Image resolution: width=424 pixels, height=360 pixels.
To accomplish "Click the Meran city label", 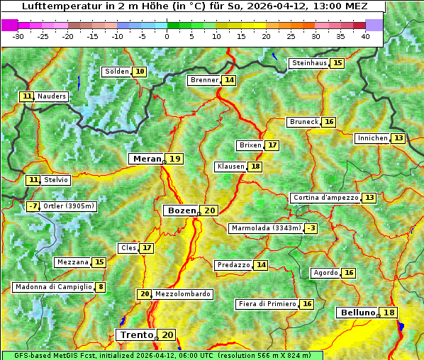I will pyautogui.click(x=147, y=159).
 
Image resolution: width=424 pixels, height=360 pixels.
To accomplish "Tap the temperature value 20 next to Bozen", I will pyautogui.click(x=210, y=210).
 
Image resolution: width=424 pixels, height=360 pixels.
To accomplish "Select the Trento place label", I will pyautogui.click(x=137, y=334).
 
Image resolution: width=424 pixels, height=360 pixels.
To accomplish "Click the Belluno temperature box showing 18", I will pyautogui.click(x=389, y=313).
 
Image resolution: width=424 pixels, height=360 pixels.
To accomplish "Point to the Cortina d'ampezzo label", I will pyautogui.click(x=325, y=198).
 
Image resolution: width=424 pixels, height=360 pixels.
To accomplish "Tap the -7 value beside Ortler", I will pyautogui.click(x=33, y=206).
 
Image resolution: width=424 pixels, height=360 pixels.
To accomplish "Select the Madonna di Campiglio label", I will pyautogui.click(x=53, y=287).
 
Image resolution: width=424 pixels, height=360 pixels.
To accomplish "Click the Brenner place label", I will pyautogui.click(x=204, y=80).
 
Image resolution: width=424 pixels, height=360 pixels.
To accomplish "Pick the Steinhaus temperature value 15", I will pyautogui.click(x=337, y=63).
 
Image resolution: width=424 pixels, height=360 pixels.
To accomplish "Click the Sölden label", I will pyautogui.click(x=117, y=72).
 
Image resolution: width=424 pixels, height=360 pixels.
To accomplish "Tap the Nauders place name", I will pyautogui.click(x=52, y=96).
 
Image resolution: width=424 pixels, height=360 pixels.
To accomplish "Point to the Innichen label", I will pyautogui.click(x=372, y=138).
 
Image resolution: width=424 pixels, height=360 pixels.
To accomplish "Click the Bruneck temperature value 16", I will pyautogui.click(x=329, y=122).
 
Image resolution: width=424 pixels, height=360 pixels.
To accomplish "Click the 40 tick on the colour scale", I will pyautogui.click(x=365, y=35).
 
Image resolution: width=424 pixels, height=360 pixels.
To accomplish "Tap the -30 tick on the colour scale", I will pyautogui.click(x=18, y=35).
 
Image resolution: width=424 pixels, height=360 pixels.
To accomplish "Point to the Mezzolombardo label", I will pyautogui.click(x=182, y=294).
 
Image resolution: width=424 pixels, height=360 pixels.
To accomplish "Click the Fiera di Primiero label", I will pyautogui.click(x=267, y=304).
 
